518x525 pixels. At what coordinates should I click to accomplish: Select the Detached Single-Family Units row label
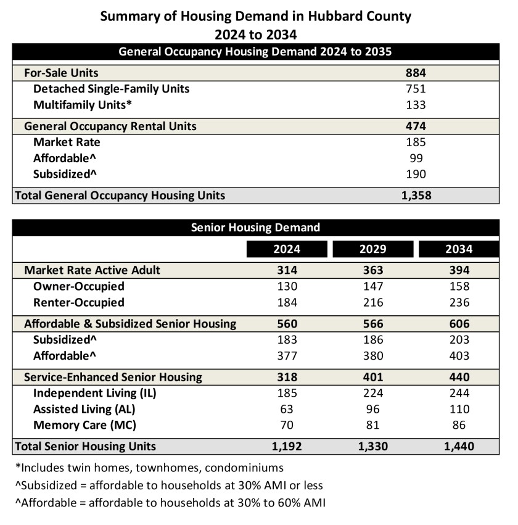[111, 89]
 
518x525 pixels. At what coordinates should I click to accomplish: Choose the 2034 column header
[459, 249]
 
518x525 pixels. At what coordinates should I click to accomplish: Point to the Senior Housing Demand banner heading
[255, 228]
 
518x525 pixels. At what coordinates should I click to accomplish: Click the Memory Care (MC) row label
[84, 425]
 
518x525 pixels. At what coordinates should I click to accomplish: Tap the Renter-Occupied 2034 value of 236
[459, 302]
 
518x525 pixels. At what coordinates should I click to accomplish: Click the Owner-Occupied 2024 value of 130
[287, 286]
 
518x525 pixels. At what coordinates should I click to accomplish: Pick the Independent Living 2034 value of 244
[459, 393]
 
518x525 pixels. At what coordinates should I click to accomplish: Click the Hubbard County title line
[255, 17]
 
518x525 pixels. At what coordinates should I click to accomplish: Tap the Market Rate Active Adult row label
[92, 270]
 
